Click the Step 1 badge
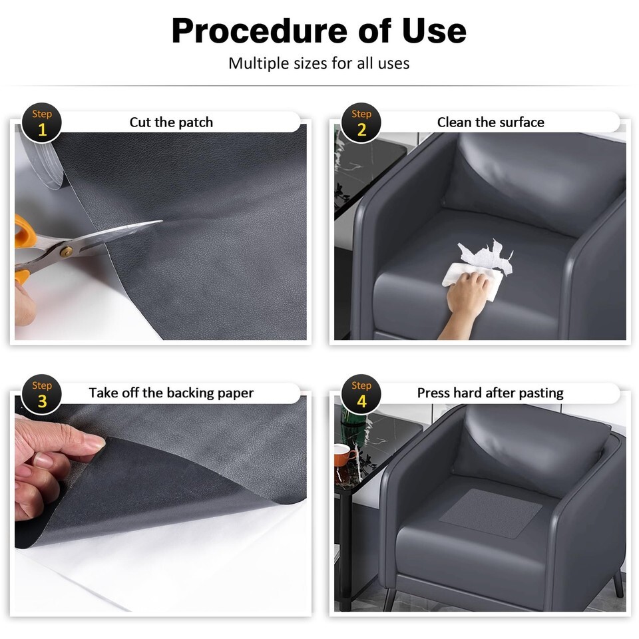pos(41,122)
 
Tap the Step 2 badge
pos(361,122)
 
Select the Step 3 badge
pos(41,394)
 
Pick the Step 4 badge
pos(361,394)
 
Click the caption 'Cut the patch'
pos(171,122)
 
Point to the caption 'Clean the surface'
pos(491,122)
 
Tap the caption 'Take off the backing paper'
pos(171,393)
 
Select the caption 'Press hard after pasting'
pos(491,393)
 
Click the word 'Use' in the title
pos(434,31)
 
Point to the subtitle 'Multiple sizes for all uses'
pos(319,64)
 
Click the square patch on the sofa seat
pos(491,513)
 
